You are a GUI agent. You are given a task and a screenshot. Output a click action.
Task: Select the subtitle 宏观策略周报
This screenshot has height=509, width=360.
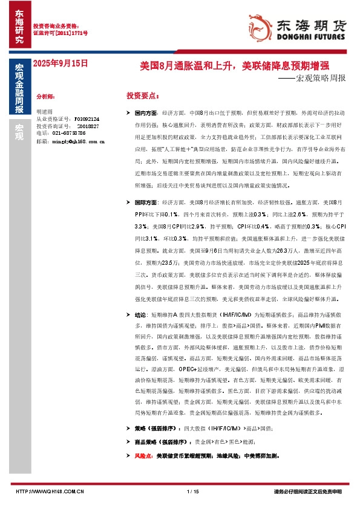[321, 78]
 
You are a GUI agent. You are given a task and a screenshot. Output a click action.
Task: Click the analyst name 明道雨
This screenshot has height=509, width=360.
[45, 112]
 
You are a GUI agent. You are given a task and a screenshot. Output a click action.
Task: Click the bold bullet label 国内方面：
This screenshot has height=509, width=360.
[147, 113]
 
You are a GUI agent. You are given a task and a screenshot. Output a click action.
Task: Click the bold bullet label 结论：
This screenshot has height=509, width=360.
[141, 315]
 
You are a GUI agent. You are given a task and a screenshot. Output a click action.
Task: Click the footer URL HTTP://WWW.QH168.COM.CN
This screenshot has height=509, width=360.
[49, 491]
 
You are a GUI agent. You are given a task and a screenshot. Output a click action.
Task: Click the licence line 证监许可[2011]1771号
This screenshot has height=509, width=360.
[60, 33]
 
